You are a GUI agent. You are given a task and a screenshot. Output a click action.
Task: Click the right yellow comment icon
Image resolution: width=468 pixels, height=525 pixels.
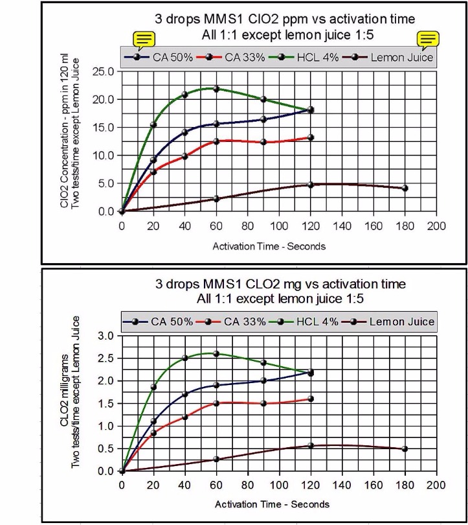pyautogui.click(x=428, y=40)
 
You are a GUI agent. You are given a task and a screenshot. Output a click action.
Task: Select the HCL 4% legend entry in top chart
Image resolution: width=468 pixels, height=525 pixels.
pyautogui.click(x=315, y=57)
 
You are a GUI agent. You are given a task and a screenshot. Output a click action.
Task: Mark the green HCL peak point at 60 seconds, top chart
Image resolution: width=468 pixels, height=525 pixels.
pyautogui.click(x=216, y=89)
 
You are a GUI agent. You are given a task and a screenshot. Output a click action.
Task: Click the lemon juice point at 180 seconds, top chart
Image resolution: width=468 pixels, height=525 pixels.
pyautogui.click(x=405, y=188)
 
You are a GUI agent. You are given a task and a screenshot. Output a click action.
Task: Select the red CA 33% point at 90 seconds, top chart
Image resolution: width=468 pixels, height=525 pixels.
pyautogui.click(x=263, y=142)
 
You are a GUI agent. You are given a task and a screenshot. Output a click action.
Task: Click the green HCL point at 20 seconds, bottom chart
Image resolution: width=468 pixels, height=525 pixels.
pyautogui.click(x=153, y=387)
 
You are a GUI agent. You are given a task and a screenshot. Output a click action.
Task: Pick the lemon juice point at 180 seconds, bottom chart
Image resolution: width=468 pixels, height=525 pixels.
pyautogui.click(x=405, y=449)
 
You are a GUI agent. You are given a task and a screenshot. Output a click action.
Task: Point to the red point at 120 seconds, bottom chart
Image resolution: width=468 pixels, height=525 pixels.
pyautogui.click(x=311, y=399)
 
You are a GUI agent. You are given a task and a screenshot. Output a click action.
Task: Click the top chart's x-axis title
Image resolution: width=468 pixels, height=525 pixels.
pyautogui.click(x=269, y=246)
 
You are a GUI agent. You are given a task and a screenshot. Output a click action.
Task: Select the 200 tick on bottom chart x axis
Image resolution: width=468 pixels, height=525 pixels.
pyautogui.click(x=437, y=485)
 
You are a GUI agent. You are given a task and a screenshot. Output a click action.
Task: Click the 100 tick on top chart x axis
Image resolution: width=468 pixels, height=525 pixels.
pyautogui.click(x=279, y=226)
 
